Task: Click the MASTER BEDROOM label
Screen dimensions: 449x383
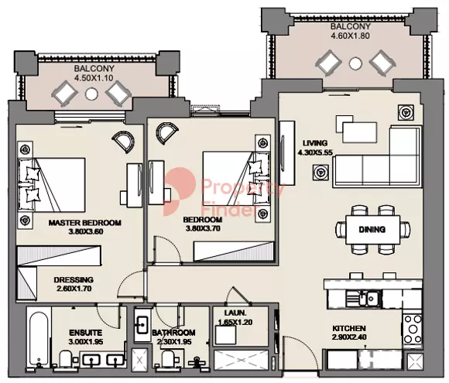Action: coord(84,223)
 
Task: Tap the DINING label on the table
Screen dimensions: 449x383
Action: coord(372,229)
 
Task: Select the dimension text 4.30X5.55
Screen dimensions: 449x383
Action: coord(315,152)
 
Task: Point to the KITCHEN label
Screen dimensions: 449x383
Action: coord(349,328)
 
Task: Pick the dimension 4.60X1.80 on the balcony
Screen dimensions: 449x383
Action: coord(350,36)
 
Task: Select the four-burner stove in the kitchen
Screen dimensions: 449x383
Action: coord(413,329)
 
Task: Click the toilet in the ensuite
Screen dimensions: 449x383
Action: coord(66,359)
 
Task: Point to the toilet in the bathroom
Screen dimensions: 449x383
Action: coord(167,360)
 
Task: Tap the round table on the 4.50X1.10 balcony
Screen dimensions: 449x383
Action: coord(91,94)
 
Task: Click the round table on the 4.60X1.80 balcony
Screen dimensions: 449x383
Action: coord(355,63)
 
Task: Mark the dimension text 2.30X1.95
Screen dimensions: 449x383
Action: coord(174,342)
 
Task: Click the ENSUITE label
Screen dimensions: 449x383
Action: coord(86,333)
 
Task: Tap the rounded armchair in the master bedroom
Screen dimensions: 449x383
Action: coord(123,141)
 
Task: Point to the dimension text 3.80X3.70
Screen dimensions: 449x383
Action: coord(204,228)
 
